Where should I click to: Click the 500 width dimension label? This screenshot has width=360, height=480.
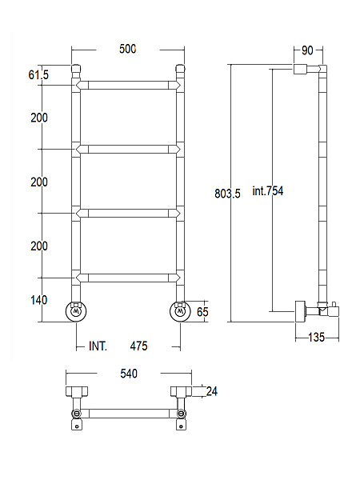128,49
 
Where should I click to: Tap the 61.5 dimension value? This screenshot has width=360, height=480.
38,74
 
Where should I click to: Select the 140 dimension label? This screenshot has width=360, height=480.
39,300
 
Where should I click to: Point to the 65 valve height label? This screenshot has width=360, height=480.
202,312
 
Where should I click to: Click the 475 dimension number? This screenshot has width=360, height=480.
138,346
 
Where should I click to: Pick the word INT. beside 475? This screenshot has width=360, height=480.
98,346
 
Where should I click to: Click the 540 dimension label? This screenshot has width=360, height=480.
129,374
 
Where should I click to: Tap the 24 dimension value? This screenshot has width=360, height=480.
212,391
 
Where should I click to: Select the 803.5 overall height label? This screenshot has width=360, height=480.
227,194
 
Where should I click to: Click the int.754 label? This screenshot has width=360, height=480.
268,191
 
